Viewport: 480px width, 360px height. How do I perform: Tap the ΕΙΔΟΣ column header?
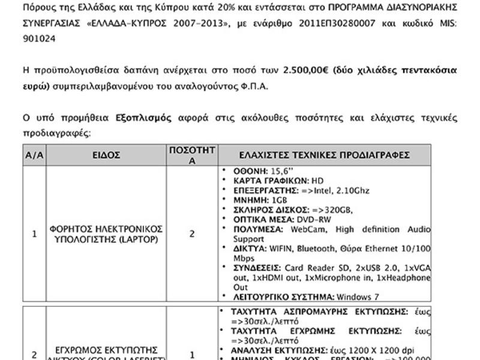point(106,155)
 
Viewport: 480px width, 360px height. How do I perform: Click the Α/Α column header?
point(34,155)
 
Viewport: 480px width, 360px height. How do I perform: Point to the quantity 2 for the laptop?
point(192,234)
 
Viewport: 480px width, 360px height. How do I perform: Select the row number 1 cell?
point(34,234)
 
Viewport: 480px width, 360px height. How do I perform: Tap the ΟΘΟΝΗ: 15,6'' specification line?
point(259,171)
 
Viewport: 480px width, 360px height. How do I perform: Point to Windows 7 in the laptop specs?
point(358,296)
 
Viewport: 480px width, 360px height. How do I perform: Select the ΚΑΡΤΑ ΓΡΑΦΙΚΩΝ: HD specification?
point(271,181)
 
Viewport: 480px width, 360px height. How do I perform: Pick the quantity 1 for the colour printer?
point(192,355)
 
